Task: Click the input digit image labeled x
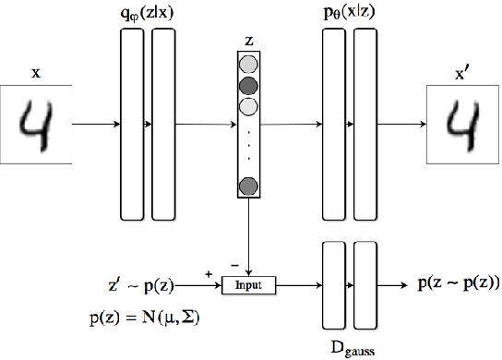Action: (x=36, y=123)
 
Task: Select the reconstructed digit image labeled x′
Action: (x=464, y=123)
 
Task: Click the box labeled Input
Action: (x=249, y=285)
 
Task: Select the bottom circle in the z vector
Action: (x=248, y=187)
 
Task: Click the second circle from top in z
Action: (x=248, y=87)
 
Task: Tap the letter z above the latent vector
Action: (x=248, y=41)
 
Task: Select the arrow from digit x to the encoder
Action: (x=95, y=123)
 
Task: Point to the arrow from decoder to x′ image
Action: (x=402, y=123)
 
